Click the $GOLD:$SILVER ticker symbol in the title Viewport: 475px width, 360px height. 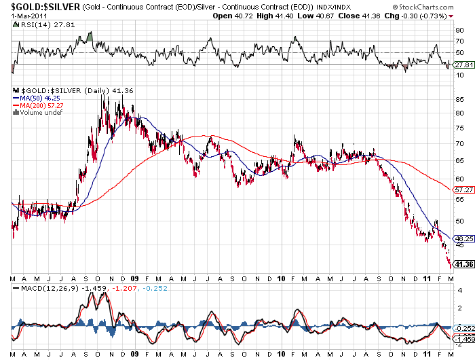click(x=40, y=6)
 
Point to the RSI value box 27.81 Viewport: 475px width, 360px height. click(x=463, y=65)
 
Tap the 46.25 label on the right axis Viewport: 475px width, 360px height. click(x=463, y=239)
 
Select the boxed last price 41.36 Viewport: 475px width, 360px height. click(x=463, y=264)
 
